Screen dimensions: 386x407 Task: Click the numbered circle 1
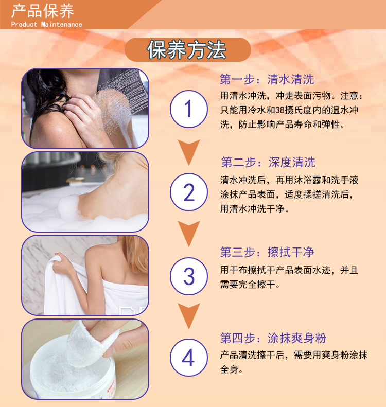pos(189,109)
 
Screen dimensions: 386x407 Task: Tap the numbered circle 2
pos(189,192)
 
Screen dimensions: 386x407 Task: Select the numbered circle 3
pos(189,276)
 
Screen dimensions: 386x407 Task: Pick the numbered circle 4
pos(189,358)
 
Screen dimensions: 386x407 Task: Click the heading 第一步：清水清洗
pos(267,79)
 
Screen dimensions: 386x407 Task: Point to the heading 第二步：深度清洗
pos(268,162)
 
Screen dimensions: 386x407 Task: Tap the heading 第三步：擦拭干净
pos(267,252)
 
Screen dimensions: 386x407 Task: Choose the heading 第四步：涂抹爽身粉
pos(273,338)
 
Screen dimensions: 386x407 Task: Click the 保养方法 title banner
pos(188,49)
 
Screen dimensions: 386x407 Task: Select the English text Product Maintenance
pos(46,24)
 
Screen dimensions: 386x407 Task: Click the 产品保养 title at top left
pos(42,11)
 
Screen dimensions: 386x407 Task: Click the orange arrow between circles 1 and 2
pos(189,152)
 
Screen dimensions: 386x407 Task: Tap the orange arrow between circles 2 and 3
pos(189,234)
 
